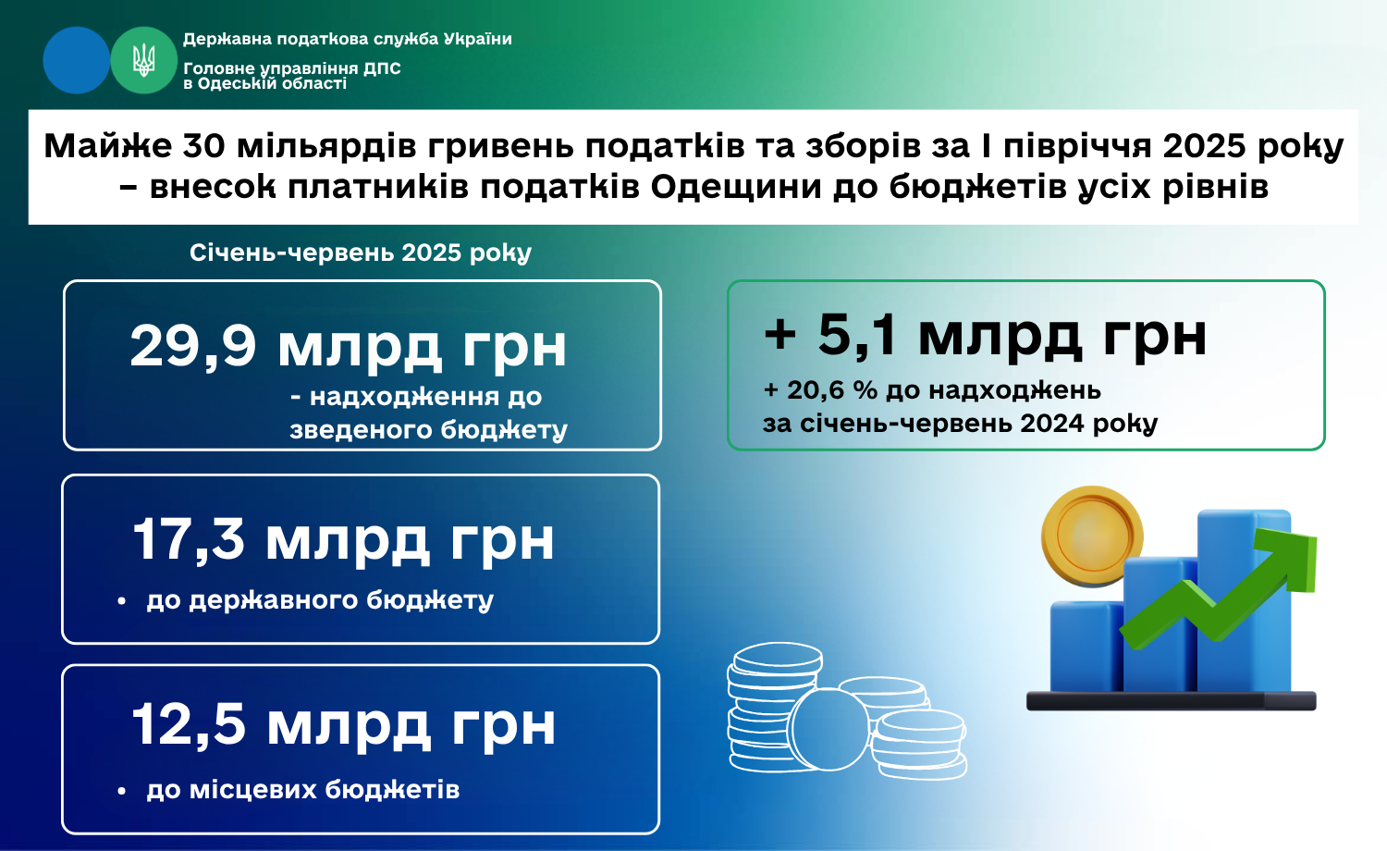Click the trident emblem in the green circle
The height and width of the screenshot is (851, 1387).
143,60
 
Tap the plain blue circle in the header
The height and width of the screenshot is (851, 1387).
76,60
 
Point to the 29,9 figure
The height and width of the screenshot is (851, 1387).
193,347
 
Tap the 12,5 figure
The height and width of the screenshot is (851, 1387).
189,724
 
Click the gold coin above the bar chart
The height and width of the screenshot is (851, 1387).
1092,536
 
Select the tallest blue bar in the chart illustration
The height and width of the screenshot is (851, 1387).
1245,599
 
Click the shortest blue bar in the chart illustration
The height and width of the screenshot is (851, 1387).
1086,646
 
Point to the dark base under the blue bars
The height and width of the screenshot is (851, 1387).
1171,700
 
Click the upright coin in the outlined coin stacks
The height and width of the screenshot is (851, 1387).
830,729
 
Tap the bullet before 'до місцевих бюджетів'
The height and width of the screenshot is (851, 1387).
121,791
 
